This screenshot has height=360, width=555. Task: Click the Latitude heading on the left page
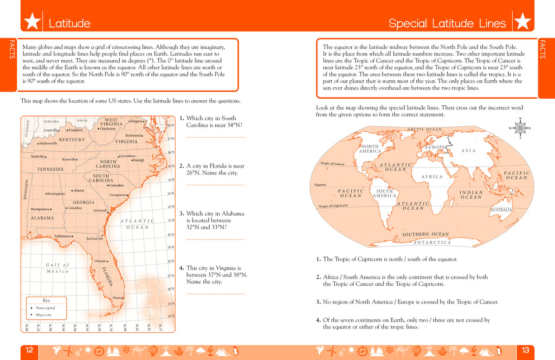69,23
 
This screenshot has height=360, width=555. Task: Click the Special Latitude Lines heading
447,23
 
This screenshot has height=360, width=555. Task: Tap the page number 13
525,350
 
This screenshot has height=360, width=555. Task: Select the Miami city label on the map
117,298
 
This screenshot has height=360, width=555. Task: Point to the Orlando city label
100,261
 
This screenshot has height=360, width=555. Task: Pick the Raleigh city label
138,160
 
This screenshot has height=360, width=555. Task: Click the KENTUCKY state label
72,139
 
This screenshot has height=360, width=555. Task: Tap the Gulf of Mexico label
57,268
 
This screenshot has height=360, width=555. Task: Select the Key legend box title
46,300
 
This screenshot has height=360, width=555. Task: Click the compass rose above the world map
520,128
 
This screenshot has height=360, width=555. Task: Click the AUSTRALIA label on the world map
501,209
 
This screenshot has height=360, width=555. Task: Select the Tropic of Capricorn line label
333,206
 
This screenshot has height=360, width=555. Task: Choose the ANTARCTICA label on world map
432,242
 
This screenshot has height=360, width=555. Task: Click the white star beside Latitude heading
33,22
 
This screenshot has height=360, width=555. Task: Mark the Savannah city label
100,210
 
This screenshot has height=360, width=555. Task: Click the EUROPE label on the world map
435,147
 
